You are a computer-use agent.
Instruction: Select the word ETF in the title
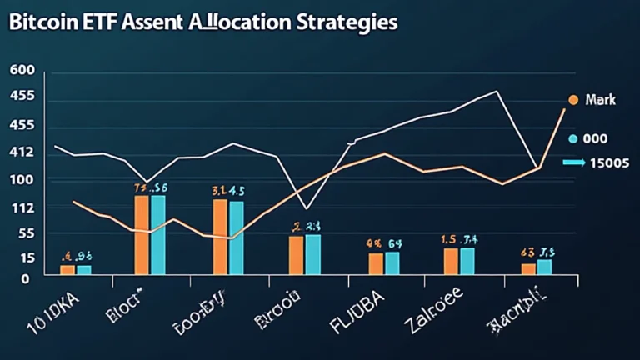(103, 22)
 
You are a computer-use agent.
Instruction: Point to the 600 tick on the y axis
(22, 71)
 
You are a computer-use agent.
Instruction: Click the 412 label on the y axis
(22, 152)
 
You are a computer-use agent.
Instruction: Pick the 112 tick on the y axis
(22, 207)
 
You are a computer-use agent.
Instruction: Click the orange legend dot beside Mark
(572, 100)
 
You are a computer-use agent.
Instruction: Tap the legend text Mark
(600, 100)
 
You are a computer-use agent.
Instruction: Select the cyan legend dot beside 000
(572, 139)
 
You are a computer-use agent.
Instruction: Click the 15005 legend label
(608, 163)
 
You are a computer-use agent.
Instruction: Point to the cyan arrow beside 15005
(574, 163)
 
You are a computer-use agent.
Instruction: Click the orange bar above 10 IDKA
(67, 269)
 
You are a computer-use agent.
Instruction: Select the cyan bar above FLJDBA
(392, 262)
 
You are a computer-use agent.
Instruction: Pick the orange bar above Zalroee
(450, 261)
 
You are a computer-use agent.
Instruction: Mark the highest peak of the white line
(496, 91)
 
